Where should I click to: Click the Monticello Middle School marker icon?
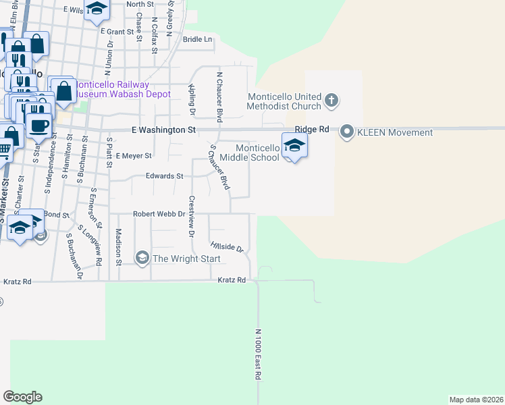pyautogui.click(x=294, y=145)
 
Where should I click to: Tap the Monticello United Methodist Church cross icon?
pyautogui.click(x=331, y=101)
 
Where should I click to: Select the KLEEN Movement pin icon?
pyautogui.click(x=347, y=131)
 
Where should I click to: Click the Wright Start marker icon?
pyautogui.click(x=142, y=258)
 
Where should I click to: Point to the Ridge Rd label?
pyautogui.click(x=311, y=129)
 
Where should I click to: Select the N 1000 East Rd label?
pyautogui.click(x=258, y=354)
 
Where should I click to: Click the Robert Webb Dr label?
pyautogui.click(x=159, y=213)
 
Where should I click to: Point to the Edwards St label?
pyautogui.click(x=165, y=176)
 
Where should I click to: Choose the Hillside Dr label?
pyautogui.click(x=227, y=246)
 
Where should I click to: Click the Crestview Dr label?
pyautogui.click(x=192, y=215)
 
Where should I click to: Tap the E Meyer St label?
pyautogui.click(x=134, y=155)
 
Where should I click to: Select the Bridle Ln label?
pyautogui.click(x=197, y=39)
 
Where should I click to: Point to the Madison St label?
pyautogui.click(x=118, y=246)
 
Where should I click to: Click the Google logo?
pyautogui.click(x=22, y=397)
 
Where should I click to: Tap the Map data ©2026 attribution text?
pyautogui.click(x=475, y=400)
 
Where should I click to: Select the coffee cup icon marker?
pyautogui.click(x=38, y=124)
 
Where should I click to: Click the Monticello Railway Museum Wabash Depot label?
pyautogui.click(x=122, y=89)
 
